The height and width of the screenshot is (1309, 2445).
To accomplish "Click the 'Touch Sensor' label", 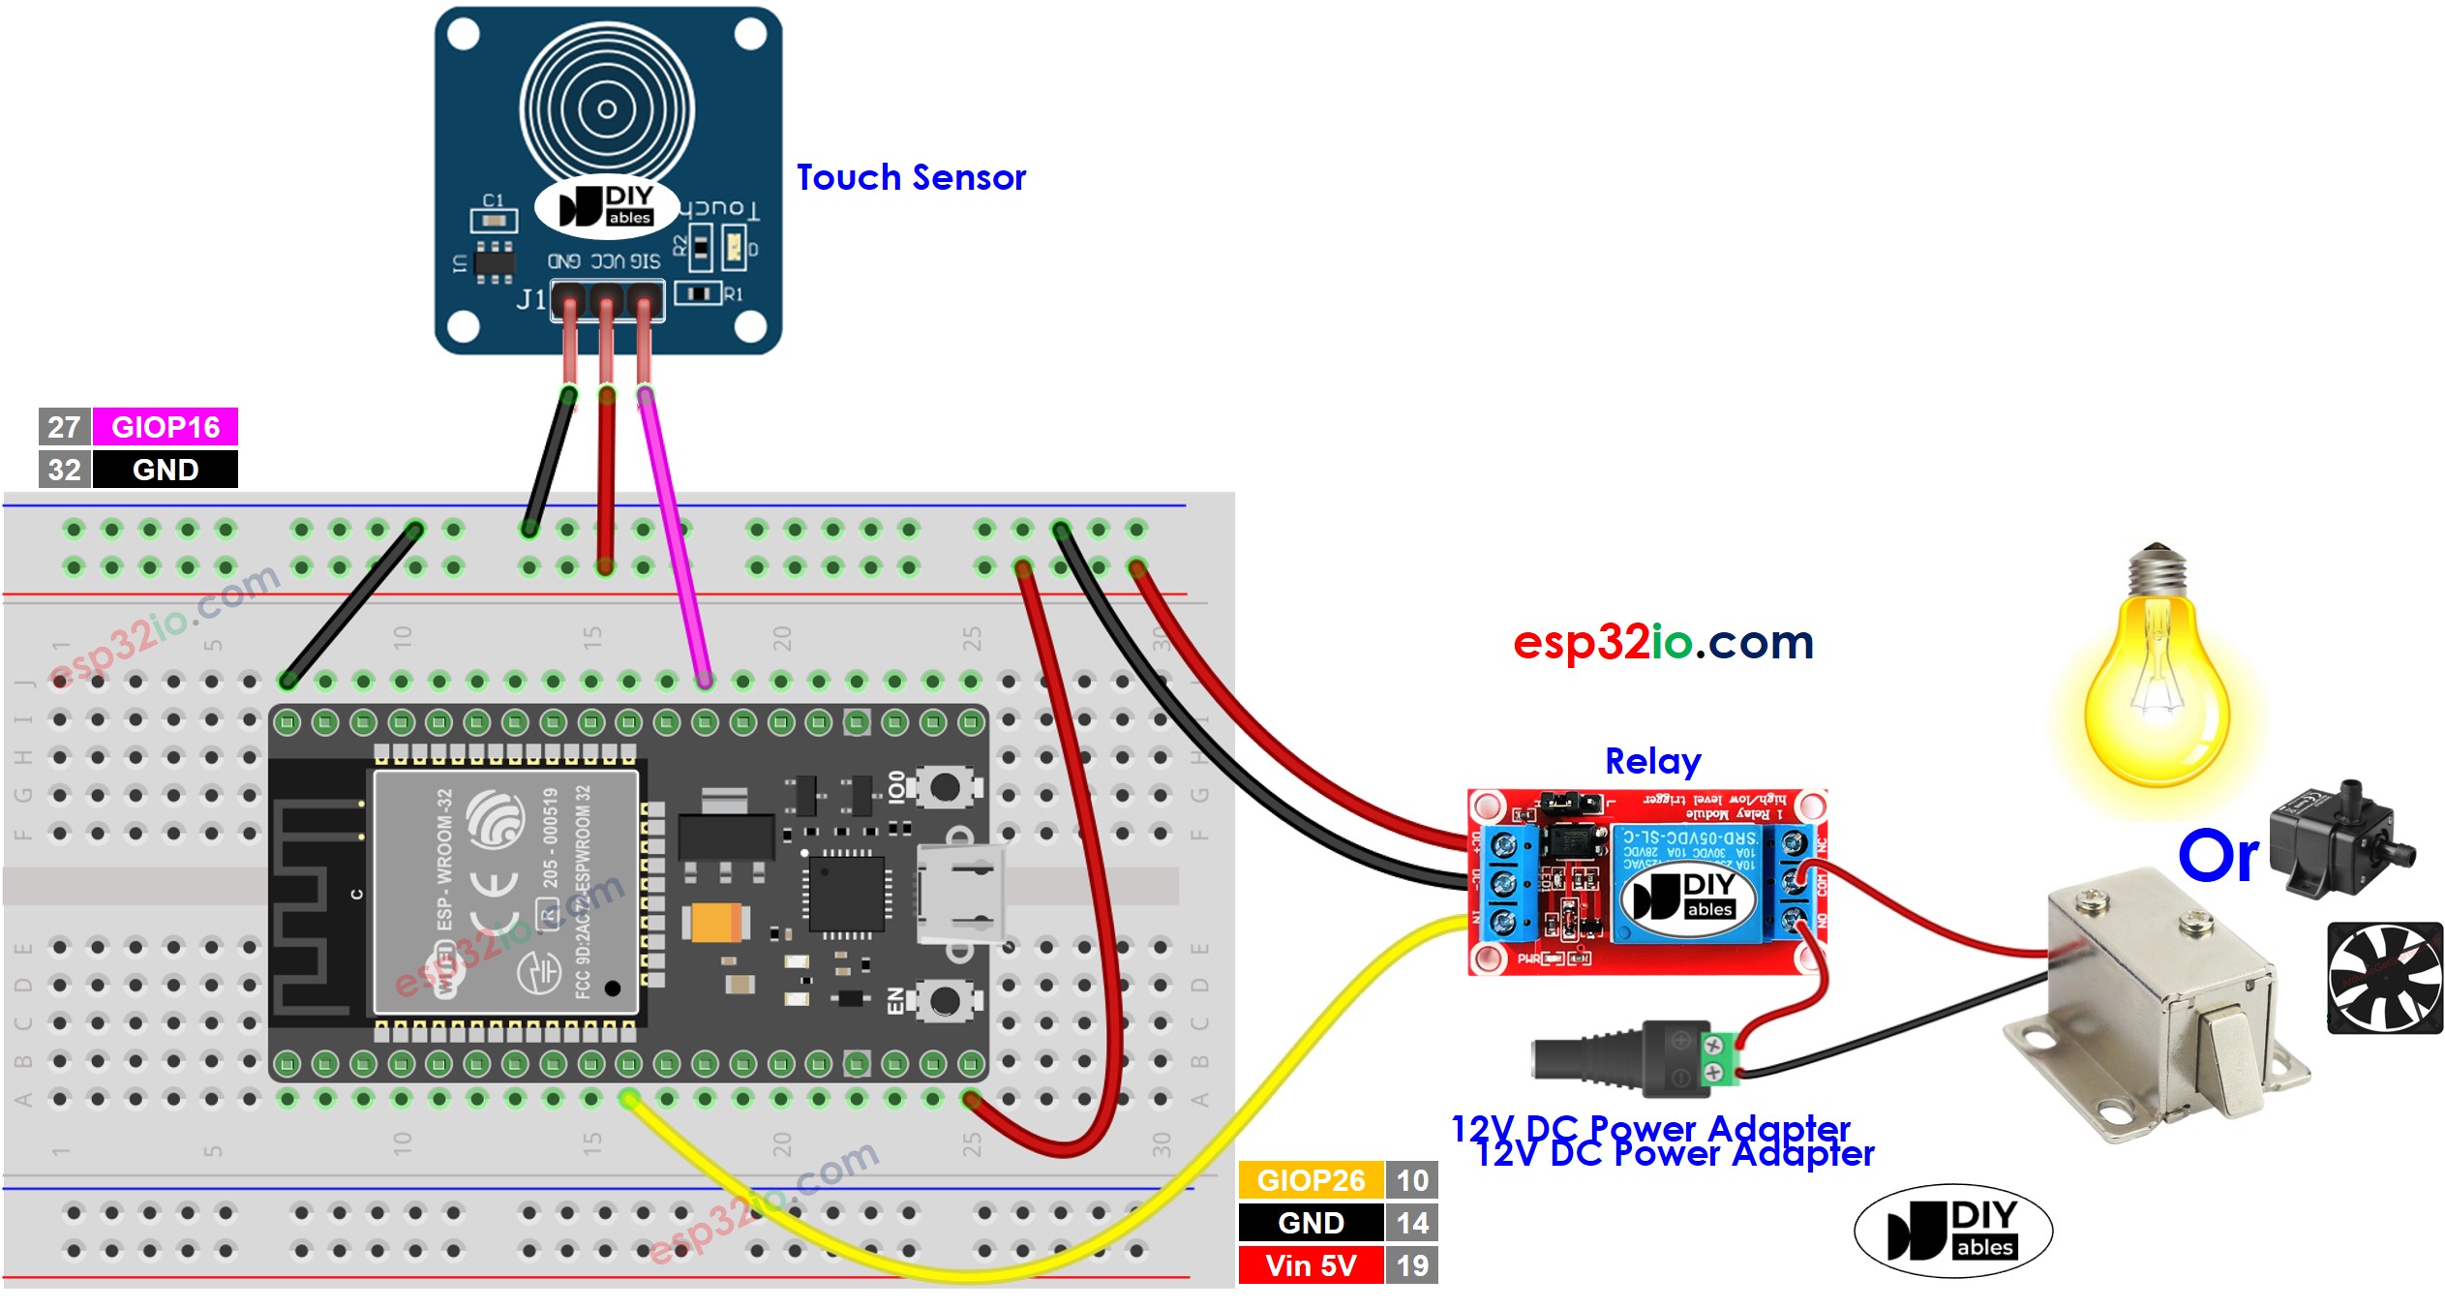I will (910, 178).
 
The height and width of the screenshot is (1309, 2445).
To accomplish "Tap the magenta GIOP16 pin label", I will (165, 426).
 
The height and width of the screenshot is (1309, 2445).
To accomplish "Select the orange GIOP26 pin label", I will (1310, 1180).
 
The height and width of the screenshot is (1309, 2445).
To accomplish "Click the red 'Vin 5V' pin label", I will (1310, 1265).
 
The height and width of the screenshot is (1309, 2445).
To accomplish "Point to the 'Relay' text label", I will (1652, 762).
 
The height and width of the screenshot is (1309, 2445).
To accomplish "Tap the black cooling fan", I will (2384, 978).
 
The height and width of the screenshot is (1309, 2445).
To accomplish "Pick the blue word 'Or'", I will (2218, 857).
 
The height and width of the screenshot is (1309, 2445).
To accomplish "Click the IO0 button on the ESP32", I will (943, 787).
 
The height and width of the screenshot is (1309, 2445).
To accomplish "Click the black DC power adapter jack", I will (1626, 1057).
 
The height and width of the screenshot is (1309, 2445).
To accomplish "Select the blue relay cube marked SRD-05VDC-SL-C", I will (1689, 883).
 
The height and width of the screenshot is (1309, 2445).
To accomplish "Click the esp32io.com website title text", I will (1662, 642).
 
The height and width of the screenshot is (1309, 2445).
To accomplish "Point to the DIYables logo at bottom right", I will (1952, 1231).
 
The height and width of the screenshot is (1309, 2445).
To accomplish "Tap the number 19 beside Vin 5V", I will (1411, 1265).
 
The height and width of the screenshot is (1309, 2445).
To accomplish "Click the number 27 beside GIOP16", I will (64, 426).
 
